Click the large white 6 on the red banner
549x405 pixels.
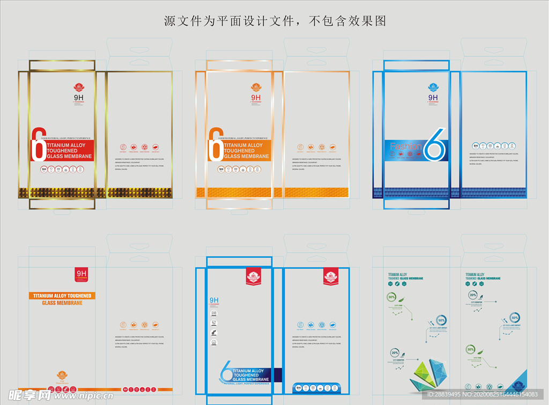pos(38,145)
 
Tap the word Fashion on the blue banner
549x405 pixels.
pos(405,146)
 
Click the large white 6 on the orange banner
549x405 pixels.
pos(215,145)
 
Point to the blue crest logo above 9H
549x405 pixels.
pos(433,87)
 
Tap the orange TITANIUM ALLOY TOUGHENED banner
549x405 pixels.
pos(62,296)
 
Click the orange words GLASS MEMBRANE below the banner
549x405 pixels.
pos(62,303)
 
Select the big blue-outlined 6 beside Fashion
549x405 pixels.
pos(434,144)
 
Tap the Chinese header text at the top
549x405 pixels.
pos(274,21)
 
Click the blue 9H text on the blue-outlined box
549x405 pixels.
pos(214,300)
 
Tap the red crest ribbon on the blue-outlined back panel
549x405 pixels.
pos(331,277)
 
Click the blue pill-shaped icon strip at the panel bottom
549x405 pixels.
pos(316,387)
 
